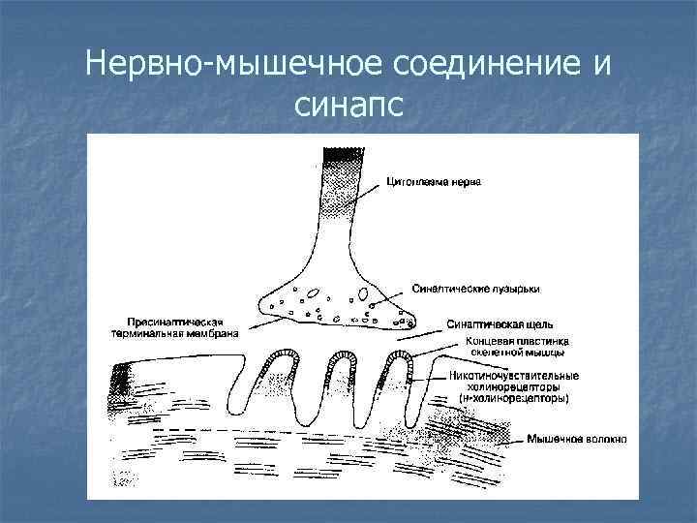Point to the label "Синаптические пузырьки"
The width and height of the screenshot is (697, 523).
475,288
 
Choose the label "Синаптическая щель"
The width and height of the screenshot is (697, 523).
498,323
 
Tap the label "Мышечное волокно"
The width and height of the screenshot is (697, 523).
576,439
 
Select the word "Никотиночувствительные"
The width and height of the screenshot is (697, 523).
514,376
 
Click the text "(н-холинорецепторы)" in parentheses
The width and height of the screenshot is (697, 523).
513,398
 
